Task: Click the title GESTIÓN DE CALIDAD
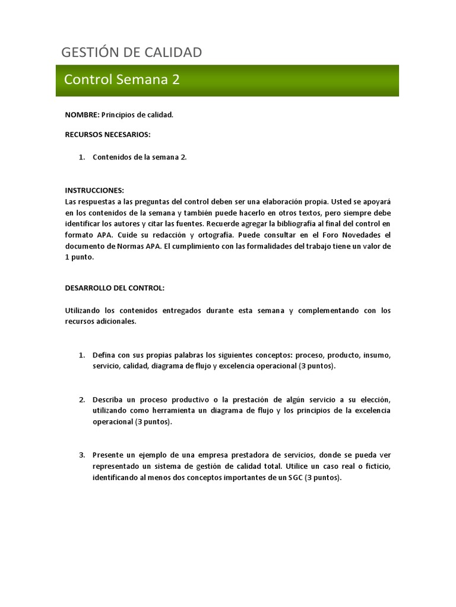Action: pos(131,52)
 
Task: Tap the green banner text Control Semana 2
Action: pos(122,79)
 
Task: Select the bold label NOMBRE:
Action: pos(82,114)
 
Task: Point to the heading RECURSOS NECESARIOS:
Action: pos(107,134)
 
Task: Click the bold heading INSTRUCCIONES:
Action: pos(94,190)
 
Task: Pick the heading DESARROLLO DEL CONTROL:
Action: pos(114,287)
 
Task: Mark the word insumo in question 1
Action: pos(376,355)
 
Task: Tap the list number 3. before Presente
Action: pos(83,455)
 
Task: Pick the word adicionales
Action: pos(116,321)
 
